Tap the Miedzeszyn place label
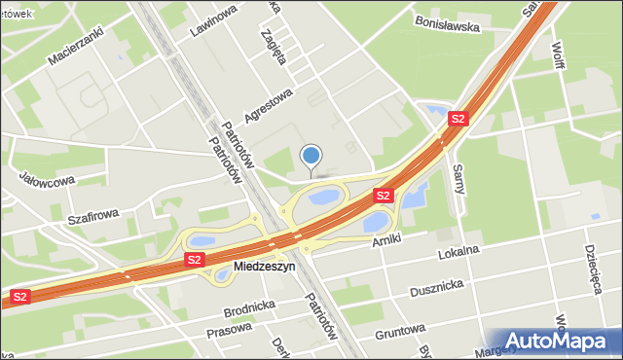click(x=264, y=266)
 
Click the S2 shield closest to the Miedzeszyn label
click(x=195, y=260)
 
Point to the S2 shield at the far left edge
click(x=19, y=295)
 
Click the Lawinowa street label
click(x=214, y=20)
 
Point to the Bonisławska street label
click(x=447, y=23)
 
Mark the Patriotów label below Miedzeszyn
click(x=320, y=315)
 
